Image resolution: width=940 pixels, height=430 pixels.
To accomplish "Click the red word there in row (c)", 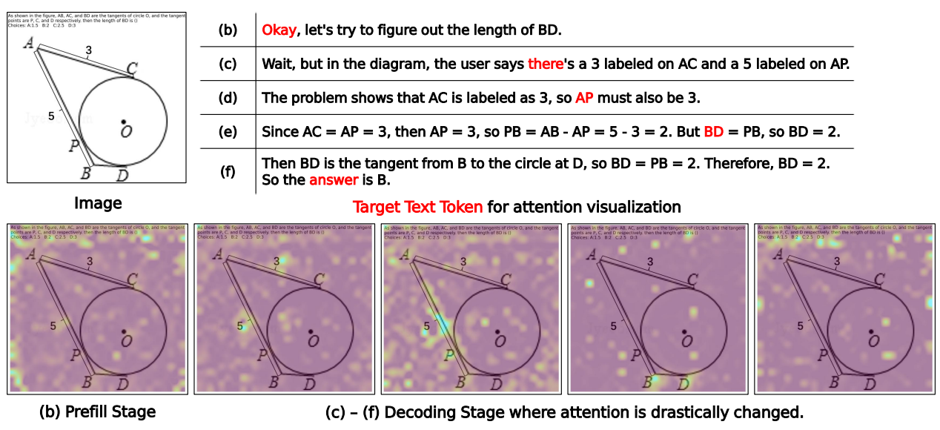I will tap(546, 64).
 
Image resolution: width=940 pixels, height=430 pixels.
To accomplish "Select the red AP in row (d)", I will tap(584, 98).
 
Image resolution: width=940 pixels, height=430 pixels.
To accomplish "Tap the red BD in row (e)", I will tap(713, 132).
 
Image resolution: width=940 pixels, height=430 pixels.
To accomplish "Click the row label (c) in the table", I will tap(228, 64).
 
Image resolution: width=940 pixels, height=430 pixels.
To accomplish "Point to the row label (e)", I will tap(228, 132).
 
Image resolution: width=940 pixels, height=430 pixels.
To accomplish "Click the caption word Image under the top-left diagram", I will tap(98, 202).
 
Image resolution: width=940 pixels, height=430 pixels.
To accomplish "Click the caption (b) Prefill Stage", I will tap(98, 411).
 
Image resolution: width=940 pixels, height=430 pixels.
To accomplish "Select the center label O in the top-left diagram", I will tap(127, 131).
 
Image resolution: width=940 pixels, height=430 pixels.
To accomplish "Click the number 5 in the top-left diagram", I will tap(51, 116).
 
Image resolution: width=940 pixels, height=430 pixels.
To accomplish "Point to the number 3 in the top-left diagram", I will tap(88, 50).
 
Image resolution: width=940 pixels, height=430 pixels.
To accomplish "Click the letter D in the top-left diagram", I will tap(122, 175).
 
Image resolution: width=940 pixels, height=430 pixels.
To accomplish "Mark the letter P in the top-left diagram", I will tap(74, 146).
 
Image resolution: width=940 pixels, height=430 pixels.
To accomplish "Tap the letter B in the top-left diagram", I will tap(86, 174).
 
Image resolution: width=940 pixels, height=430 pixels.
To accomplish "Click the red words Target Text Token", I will tap(417, 206).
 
